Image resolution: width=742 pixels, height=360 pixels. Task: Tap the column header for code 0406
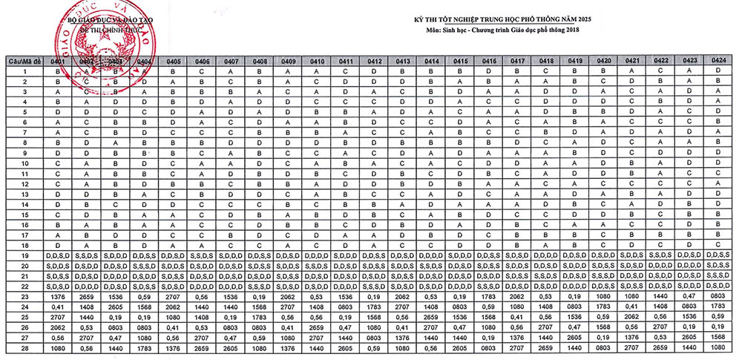click(x=202, y=61)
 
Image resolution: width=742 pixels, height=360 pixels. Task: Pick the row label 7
click(x=25, y=132)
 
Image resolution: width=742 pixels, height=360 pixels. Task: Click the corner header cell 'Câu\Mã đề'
click(x=25, y=61)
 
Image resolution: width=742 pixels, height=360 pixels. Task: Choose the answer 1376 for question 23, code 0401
click(x=57, y=295)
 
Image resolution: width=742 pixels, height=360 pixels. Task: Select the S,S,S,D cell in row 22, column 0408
click(x=260, y=286)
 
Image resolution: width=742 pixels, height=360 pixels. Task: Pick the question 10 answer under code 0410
click(x=317, y=163)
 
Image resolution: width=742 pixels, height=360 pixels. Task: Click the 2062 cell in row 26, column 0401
click(x=57, y=327)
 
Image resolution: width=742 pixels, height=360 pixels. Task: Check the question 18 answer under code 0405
click(x=174, y=245)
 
